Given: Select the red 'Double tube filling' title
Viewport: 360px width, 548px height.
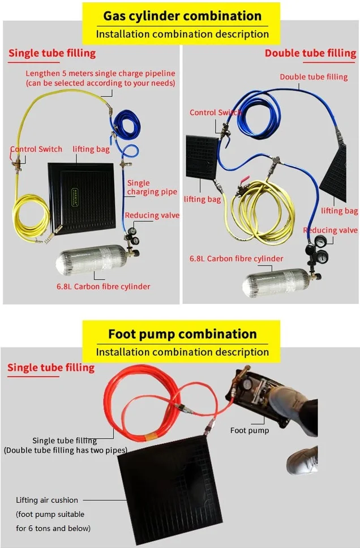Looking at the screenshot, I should tap(310, 53).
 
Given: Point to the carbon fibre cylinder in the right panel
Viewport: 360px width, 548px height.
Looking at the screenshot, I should tap(277, 282).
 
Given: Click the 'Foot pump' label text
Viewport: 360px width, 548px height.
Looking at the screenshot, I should tap(250, 430).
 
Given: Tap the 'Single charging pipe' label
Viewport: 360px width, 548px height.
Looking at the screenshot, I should tap(152, 187).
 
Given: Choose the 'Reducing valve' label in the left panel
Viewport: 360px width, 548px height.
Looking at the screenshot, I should tap(152, 215).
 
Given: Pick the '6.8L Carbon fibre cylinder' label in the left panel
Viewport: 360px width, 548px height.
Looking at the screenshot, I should tap(103, 286).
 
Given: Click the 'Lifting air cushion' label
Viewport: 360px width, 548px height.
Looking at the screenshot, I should tap(47, 500).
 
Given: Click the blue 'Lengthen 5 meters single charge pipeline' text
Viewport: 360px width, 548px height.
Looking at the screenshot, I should tap(100, 78).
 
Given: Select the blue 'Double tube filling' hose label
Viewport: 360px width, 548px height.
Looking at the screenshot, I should tap(314, 77).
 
